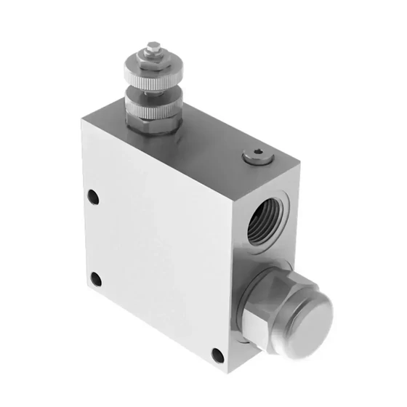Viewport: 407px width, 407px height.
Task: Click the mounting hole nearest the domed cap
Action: (217, 355)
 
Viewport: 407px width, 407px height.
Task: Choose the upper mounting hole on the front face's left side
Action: (92, 197)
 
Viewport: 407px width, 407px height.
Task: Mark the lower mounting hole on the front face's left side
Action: (94, 278)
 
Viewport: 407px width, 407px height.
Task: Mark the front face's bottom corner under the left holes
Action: (85, 299)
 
